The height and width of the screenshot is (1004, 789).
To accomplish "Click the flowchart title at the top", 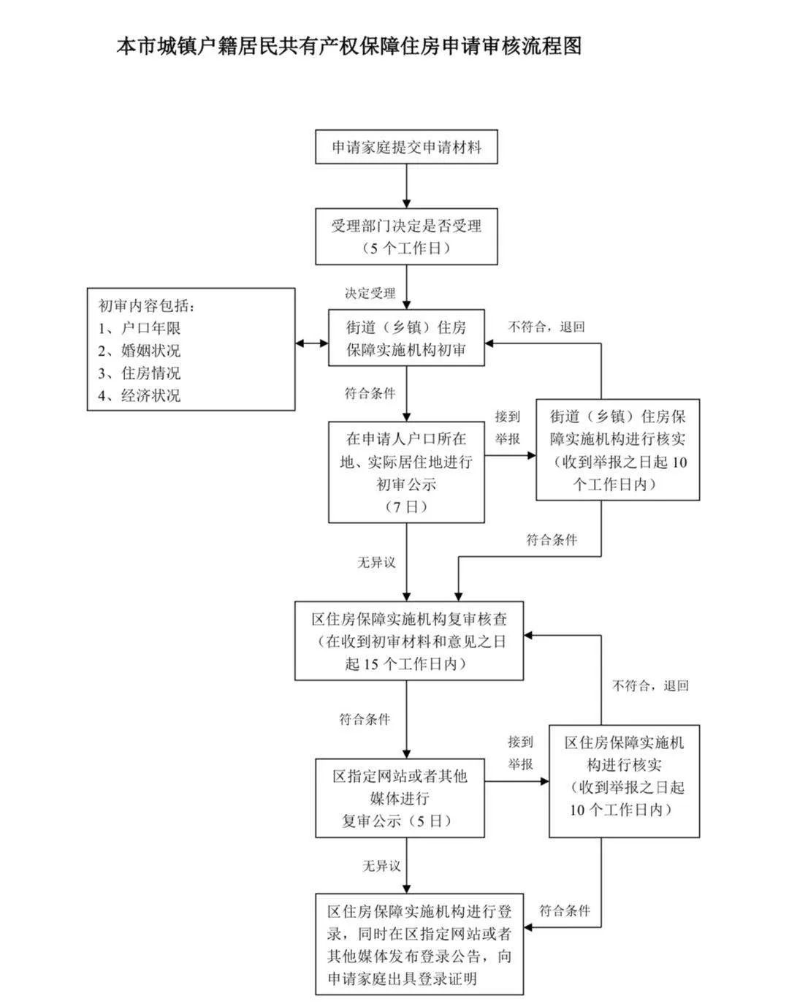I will (x=349, y=47).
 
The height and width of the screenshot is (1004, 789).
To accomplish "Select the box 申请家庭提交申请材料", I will (x=406, y=148).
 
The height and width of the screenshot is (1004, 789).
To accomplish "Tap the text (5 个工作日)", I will (x=406, y=248).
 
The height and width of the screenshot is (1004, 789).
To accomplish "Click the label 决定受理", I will (x=370, y=293).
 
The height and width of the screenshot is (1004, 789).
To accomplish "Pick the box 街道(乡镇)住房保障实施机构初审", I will (x=406, y=338).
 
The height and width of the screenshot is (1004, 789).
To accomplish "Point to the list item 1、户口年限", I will (x=140, y=328).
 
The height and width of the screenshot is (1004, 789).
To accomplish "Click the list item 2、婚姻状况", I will (x=140, y=351).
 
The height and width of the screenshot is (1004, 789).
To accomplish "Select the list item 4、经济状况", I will (x=140, y=396).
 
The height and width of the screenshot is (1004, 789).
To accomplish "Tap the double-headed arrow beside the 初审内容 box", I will (x=312, y=343).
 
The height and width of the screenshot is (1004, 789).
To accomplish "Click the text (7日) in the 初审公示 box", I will (x=406, y=506).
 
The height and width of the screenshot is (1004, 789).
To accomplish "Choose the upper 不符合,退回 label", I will (x=546, y=327).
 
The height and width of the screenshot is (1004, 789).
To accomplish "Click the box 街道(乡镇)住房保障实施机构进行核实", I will (x=618, y=449).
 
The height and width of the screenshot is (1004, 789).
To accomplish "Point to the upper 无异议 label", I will (x=376, y=562).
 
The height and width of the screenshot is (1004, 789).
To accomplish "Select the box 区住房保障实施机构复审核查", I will (x=408, y=641).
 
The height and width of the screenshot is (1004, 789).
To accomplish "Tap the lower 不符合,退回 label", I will (x=650, y=686).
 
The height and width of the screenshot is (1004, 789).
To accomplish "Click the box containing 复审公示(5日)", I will (x=400, y=798).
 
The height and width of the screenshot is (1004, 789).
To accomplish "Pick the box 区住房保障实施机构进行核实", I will (x=625, y=780).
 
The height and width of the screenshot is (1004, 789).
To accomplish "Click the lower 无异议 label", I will (x=382, y=866).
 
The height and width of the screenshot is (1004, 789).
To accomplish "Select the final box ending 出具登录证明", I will (x=419, y=944).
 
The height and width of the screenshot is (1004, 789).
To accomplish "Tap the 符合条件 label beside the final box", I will (x=565, y=910).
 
